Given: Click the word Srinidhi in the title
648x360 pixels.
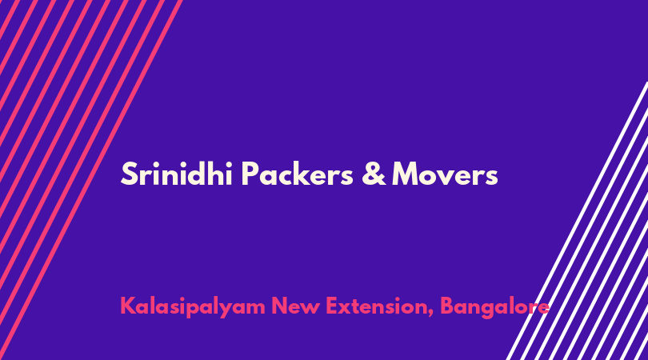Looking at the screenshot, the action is click(177, 174).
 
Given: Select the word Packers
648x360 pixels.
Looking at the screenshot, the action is click(297, 174).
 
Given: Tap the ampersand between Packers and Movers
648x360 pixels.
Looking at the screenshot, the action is click(374, 174).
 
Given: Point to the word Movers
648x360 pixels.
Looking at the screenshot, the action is click(445, 174).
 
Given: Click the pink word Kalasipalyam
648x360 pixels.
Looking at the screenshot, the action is click(193, 307).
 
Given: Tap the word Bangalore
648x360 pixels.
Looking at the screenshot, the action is click(494, 307).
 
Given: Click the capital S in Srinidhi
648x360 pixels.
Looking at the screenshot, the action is click(129, 174).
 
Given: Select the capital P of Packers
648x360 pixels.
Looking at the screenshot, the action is click(250, 174).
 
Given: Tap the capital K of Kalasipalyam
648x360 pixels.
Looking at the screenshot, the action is click(129, 306).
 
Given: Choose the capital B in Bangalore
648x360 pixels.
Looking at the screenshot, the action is click(448, 306).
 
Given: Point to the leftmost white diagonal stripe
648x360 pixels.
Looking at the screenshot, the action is click(577, 221).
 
